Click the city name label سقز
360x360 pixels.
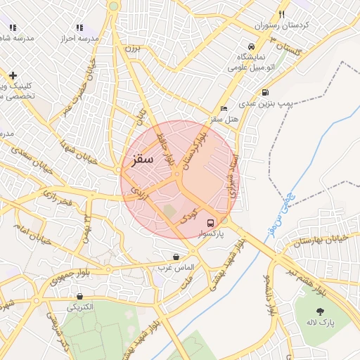141,158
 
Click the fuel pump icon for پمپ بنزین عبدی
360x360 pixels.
264,92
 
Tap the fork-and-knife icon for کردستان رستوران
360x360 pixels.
281,14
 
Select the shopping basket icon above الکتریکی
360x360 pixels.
79,297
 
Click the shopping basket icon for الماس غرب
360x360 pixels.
175,257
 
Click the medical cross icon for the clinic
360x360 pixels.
13,75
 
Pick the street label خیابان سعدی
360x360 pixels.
28,160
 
